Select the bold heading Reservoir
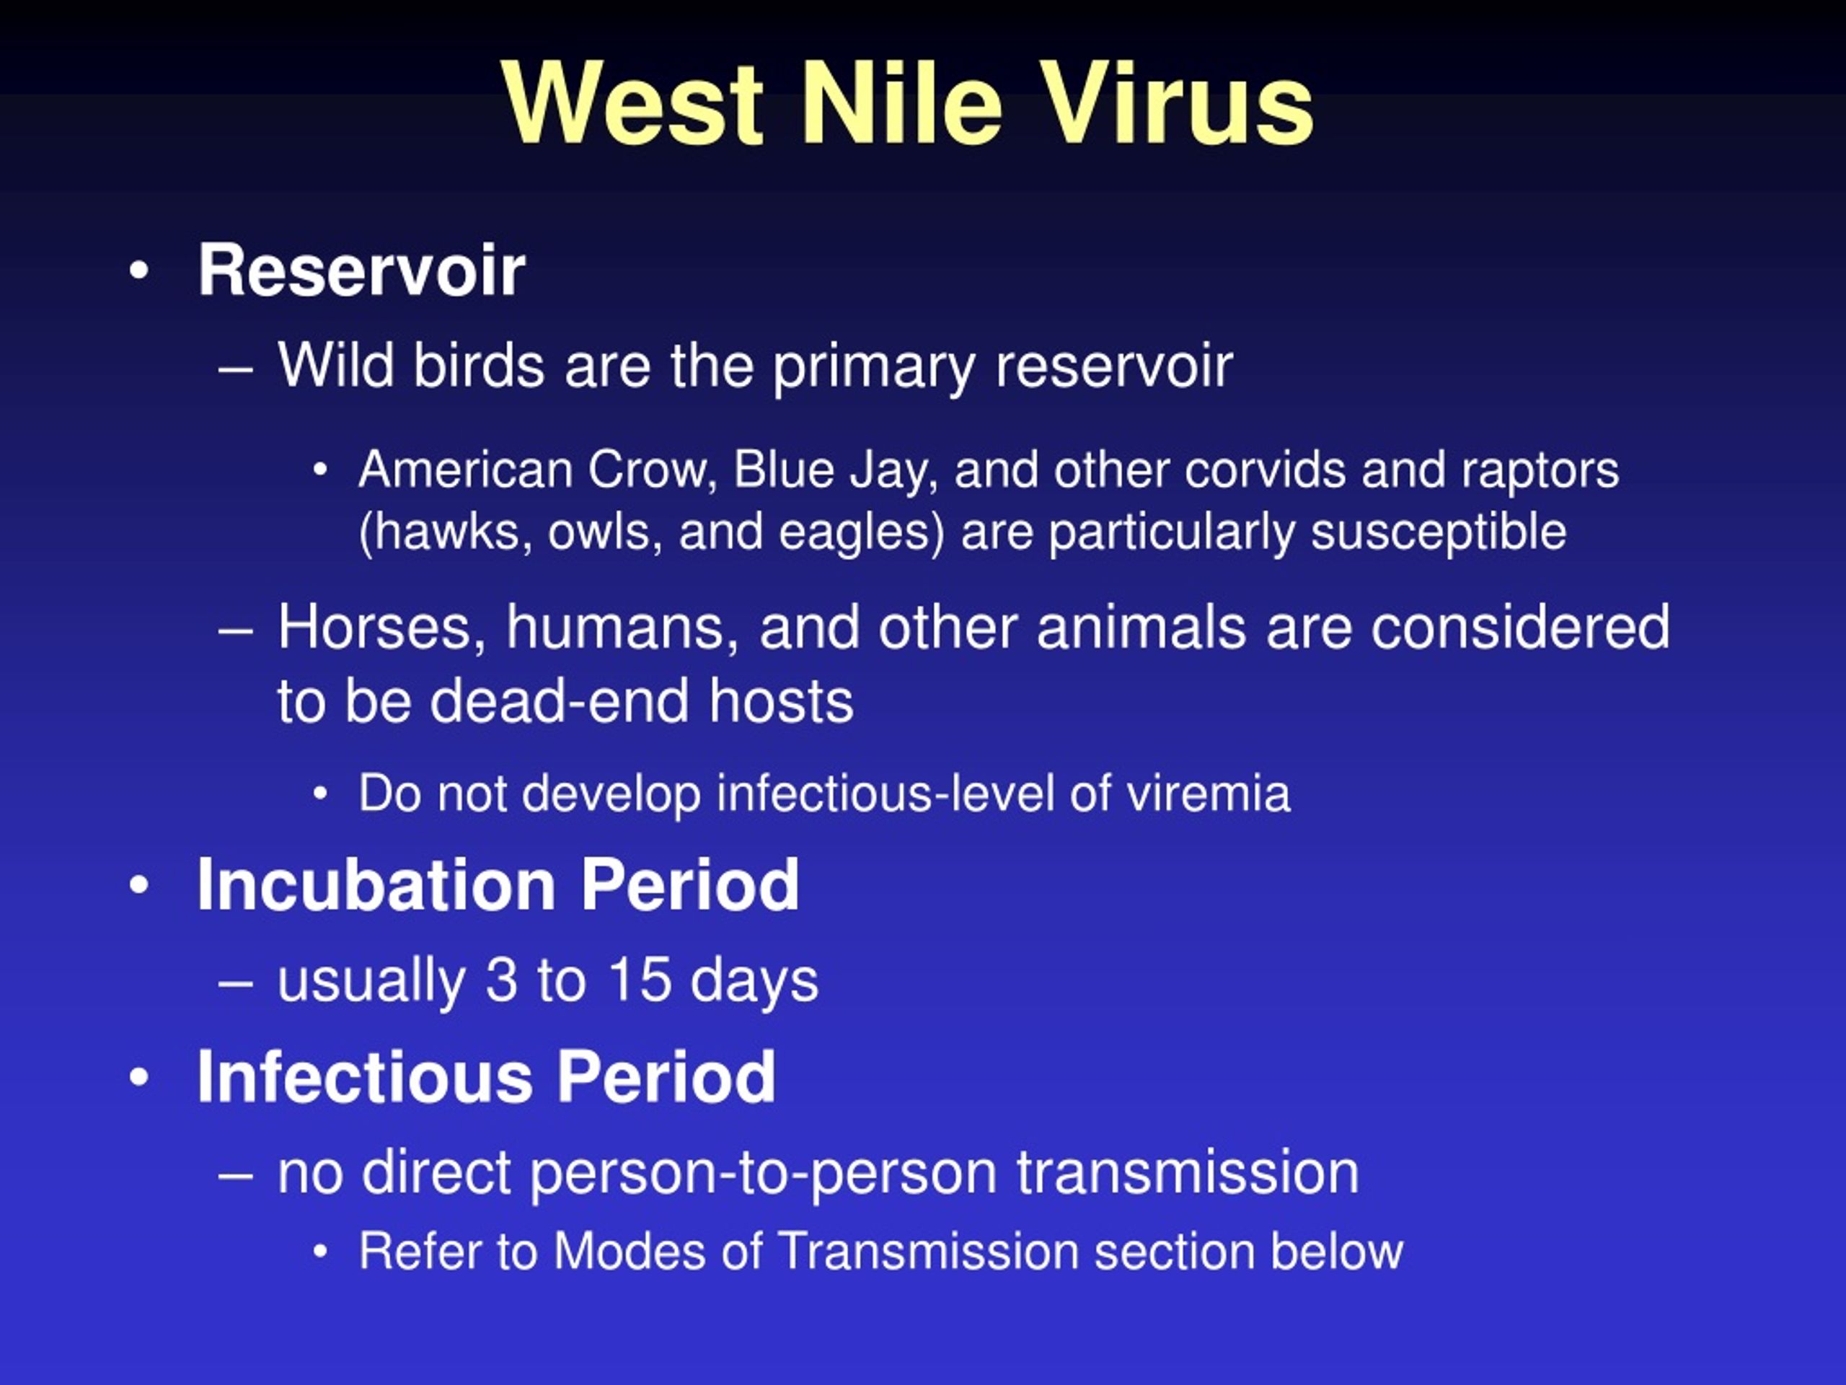361,270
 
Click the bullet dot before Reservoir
139,271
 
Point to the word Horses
381,627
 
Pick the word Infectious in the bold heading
365,1076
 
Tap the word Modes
630,1251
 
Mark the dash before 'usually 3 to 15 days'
235,982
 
